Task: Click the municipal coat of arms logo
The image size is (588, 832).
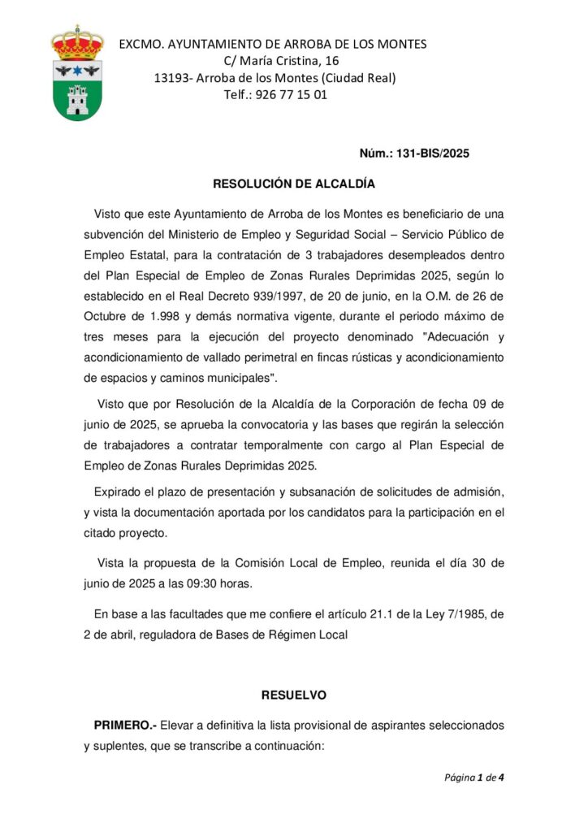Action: point(77,73)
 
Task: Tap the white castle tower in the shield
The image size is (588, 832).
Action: point(77,100)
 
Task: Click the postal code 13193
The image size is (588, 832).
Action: point(171,78)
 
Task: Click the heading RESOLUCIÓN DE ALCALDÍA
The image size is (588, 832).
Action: point(293,184)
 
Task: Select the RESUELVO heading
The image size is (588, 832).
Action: point(293,695)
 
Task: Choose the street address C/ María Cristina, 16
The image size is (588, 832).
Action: point(281,61)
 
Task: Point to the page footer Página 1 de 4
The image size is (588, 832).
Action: point(474,778)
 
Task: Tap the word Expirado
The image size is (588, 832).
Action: point(121,492)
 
